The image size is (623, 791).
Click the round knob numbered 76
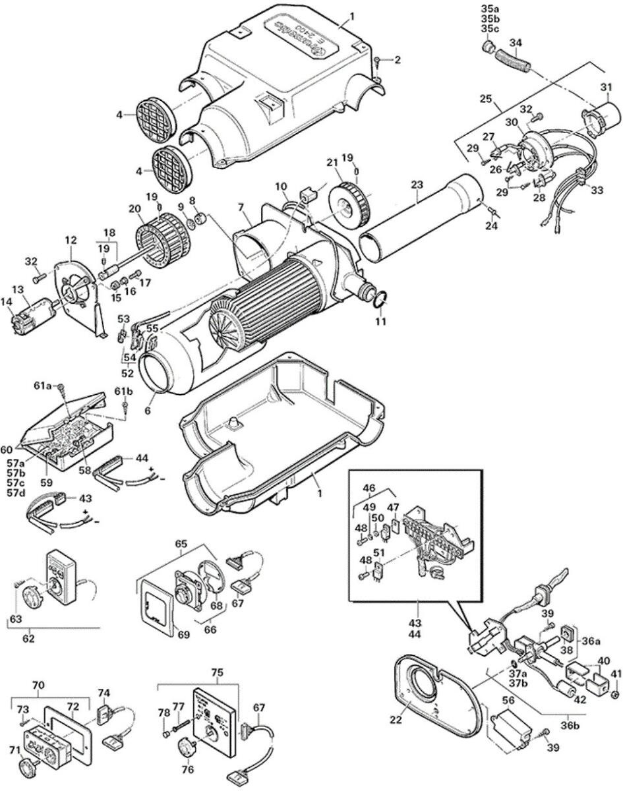[x=188, y=747]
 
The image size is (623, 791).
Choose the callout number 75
[x=218, y=672]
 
